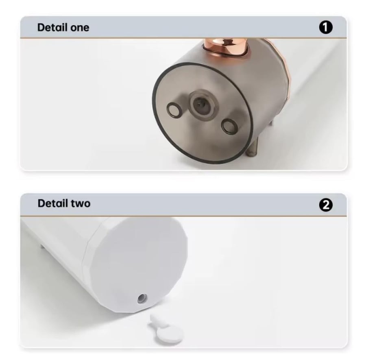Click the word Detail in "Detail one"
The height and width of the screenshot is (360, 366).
point(52,27)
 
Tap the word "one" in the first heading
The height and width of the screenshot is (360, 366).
point(80,28)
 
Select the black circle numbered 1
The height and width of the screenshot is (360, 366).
point(326,27)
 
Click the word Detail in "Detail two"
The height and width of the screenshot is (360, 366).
point(53,203)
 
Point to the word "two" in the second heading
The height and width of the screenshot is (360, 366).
point(81,203)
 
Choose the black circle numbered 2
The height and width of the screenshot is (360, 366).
point(326,205)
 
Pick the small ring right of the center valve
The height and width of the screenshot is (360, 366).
point(228,126)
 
